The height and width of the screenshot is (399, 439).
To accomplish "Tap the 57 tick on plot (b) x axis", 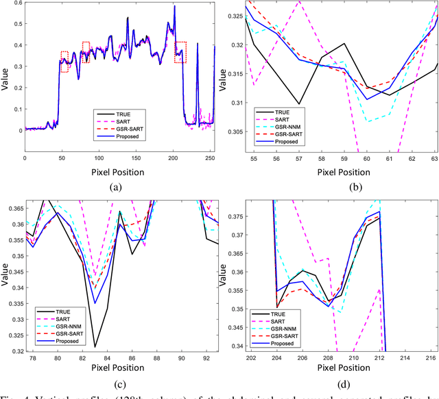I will click(298, 157).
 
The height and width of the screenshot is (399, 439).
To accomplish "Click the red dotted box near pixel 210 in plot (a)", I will click(180, 52).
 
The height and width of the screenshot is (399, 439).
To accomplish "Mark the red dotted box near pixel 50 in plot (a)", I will click(64, 62).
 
